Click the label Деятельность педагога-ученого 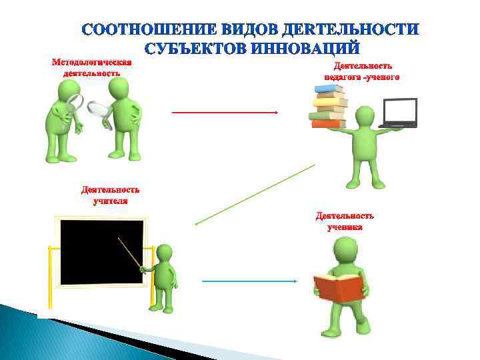(362, 71)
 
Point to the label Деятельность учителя (111, 195)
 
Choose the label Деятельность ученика (345, 221)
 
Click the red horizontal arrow (225, 113)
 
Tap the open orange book (339, 287)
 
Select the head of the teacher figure (164, 253)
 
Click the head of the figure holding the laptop (365, 117)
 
